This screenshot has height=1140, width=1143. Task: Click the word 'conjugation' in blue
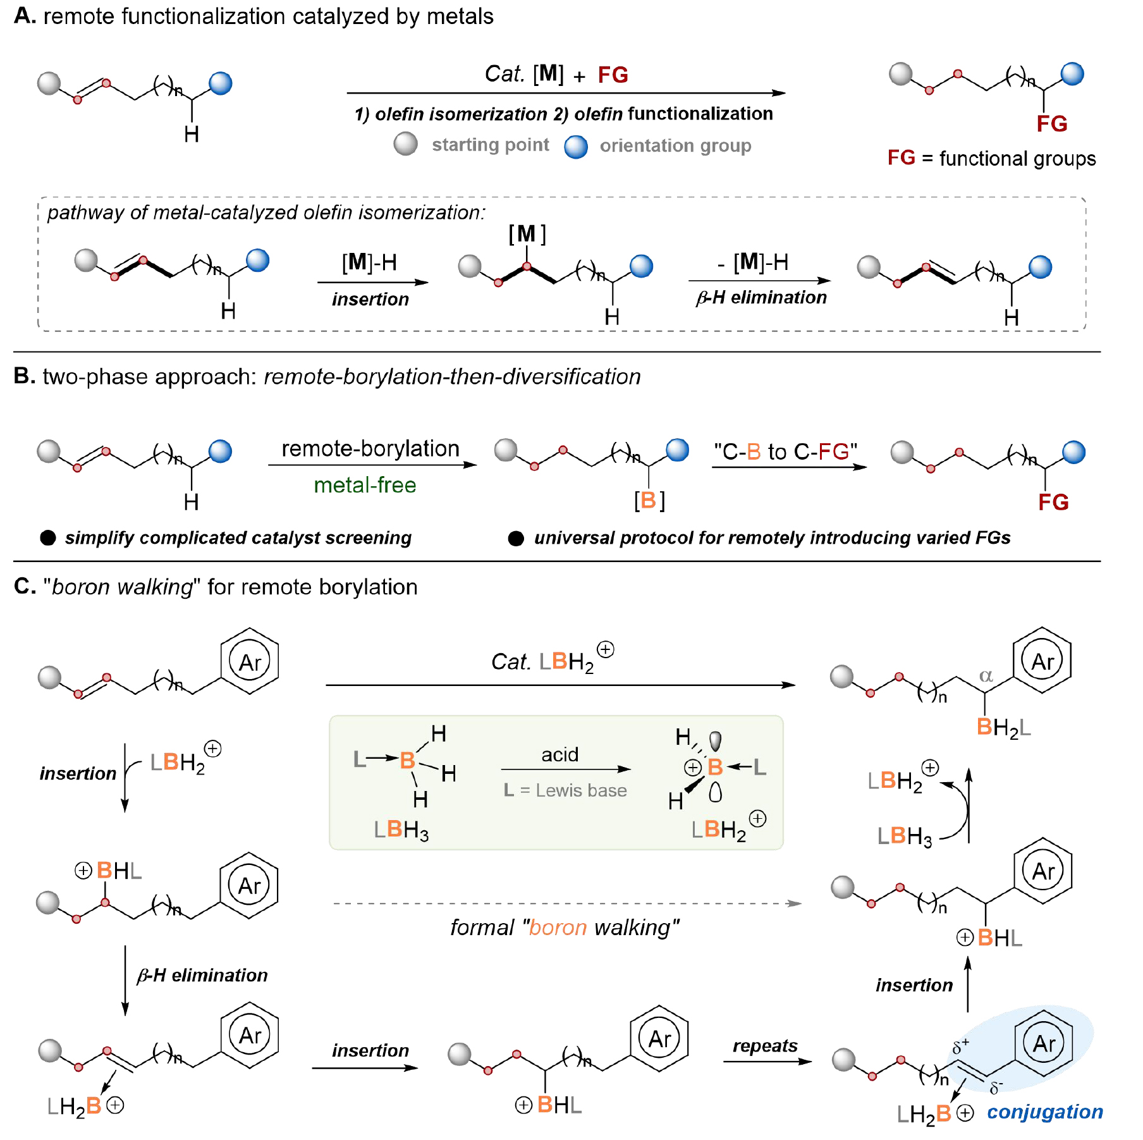(1044, 1112)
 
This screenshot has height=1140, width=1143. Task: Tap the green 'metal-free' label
(365, 485)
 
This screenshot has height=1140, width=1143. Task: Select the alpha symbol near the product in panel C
(986, 675)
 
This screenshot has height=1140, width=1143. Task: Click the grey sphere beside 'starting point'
(405, 144)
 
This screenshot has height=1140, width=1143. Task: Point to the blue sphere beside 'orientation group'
(575, 146)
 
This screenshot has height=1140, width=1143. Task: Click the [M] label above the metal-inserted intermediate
(527, 234)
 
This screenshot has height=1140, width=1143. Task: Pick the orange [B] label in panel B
(649, 500)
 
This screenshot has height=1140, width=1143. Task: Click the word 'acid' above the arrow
(559, 754)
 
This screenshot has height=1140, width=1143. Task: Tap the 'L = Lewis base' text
(565, 790)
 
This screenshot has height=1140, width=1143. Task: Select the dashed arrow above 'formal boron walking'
(566, 904)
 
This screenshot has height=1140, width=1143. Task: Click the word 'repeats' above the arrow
(765, 1046)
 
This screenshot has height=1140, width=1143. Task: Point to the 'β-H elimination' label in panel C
(202, 975)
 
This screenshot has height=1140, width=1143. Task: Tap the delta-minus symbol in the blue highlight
(996, 1087)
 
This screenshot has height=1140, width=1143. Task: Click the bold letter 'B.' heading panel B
(24, 376)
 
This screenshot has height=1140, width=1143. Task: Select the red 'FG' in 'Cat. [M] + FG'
(613, 75)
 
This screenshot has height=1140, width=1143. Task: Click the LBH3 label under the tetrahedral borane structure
(401, 830)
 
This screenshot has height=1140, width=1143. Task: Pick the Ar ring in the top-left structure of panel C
(250, 662)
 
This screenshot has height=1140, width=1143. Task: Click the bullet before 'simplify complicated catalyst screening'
(48, 537)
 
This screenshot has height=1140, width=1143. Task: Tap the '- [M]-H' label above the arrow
(753, 262)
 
